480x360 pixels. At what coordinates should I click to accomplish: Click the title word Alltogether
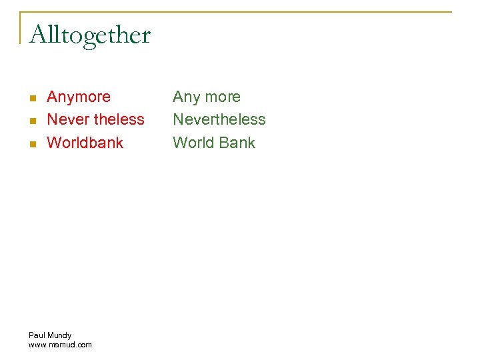[x=90, y=35]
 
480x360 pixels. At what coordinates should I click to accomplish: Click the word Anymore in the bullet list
[x=79, y=97]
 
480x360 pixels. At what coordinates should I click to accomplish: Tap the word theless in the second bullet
[x=119, y=120]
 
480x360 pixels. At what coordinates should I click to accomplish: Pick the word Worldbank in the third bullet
[x=85, y=143]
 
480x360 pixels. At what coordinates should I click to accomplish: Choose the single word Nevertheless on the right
[x=219, y=120]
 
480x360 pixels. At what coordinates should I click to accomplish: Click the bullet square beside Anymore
[x=31, y=98]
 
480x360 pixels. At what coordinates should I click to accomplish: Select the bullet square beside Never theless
[x=31, y=121]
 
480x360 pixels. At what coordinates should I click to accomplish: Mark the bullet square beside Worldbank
[x=31, y=143]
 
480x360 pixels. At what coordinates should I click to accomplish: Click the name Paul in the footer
[x=37, y=335]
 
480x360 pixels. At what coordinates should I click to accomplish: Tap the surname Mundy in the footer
[x=59, y=335]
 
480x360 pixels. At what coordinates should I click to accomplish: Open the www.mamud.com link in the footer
[x=60, y=345]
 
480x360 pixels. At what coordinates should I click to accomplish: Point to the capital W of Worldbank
[x=53, y=143]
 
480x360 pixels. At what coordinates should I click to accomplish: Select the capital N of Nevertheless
[x=178, y=120]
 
